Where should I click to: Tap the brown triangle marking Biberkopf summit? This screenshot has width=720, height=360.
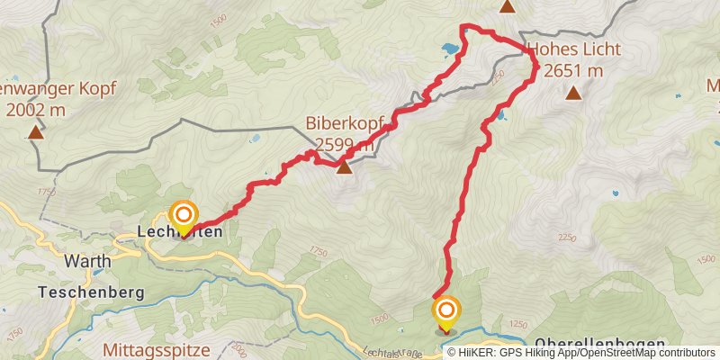coord(345,166)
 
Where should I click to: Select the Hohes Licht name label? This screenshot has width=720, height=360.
coord(565,50)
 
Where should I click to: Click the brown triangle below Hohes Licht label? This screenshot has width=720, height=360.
coord(573,92)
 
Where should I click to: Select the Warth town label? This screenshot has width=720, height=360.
coord(88,261)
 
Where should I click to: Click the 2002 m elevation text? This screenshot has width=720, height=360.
coord(35,111)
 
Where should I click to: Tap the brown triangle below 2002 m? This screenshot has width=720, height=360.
coord(35,133)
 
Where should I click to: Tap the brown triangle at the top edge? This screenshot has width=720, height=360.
coord(508,6)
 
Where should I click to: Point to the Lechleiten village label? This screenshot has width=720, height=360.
coord(180,232)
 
